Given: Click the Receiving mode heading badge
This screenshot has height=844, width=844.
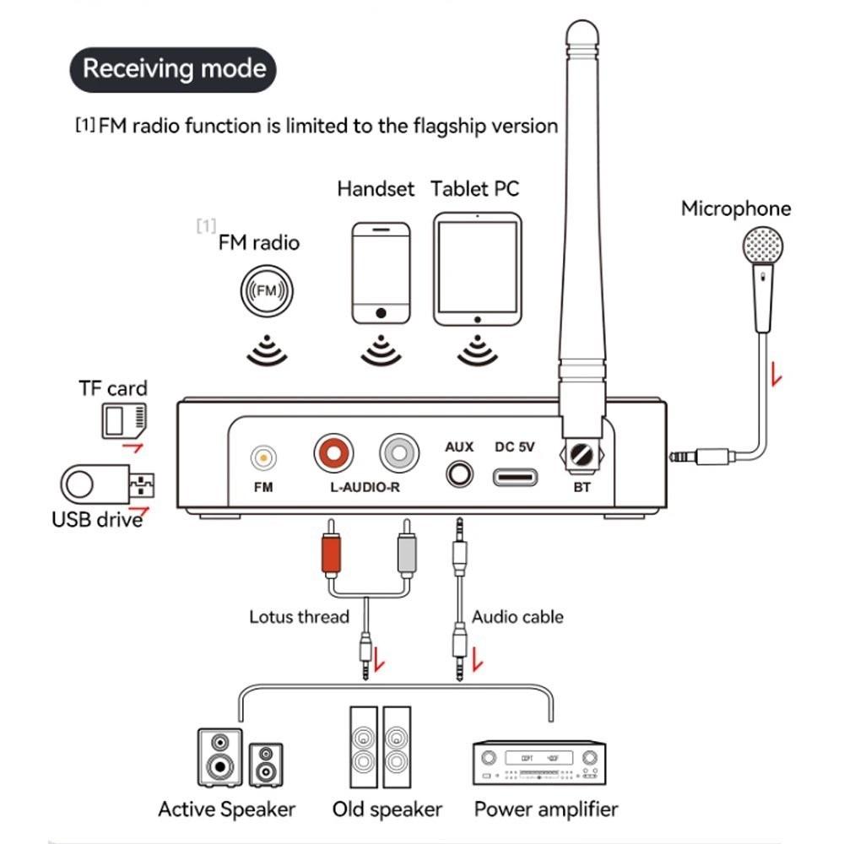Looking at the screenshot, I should (x=174, y=69).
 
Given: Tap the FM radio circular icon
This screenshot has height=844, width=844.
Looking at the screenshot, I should (x=267, y=291).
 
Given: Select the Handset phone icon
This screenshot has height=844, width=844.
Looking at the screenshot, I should (x=381, y=272).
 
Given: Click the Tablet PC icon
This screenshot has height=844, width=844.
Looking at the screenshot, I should (x=478, y=269).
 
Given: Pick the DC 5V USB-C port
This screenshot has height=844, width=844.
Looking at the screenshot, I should (x=515, y=476).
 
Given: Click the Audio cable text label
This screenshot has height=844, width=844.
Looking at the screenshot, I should (x=517, y=617).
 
